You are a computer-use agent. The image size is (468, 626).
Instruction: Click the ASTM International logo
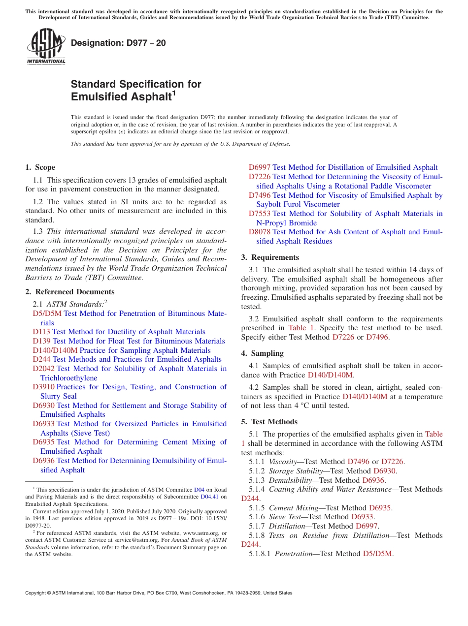point(46,47)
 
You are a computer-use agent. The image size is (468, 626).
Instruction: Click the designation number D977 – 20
point(118,43)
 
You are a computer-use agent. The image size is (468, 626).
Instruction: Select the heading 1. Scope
point(40,167)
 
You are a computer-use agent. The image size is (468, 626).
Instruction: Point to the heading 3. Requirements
point(270,257)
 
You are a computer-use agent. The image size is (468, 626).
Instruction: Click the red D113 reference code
point(41,332)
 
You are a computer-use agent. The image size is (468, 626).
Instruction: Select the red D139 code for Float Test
point(41,341)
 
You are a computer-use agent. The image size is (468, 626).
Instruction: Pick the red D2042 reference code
point(44,369)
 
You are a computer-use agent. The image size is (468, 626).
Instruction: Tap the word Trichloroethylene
point(69,378)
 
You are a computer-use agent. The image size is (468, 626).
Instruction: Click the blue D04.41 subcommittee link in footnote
point(210,497)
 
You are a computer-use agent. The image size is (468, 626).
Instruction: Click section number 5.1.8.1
point(260,554)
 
